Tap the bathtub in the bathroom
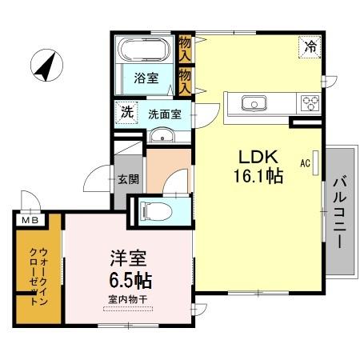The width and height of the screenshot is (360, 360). coord(143,53)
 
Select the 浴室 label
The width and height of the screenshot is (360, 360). coord(145,80)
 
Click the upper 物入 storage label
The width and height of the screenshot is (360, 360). coord(185,50)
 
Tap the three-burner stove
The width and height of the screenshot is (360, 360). coord(309,103)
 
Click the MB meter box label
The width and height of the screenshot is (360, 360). coord(29,220)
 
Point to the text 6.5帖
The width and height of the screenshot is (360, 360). coord(127,281)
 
